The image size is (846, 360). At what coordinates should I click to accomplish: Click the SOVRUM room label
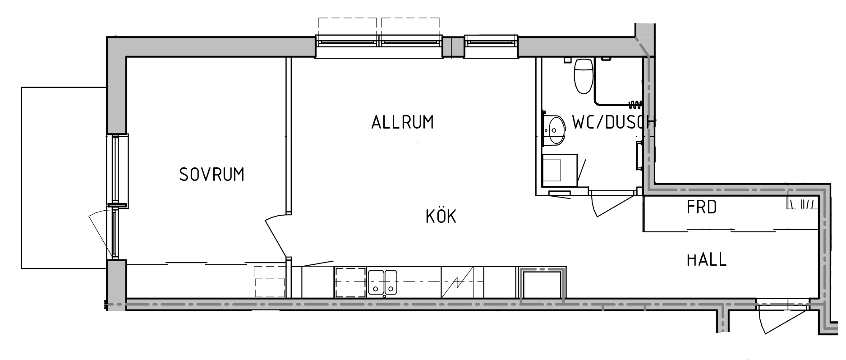pos(211,174)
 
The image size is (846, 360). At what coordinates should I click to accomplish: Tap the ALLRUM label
pos(402,122)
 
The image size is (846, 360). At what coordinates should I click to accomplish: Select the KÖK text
pos(441,216)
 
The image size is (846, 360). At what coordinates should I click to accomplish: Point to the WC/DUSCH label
pos(614,122)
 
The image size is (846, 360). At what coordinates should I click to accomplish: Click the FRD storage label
pos(702,208)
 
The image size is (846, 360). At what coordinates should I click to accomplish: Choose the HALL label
pos(706,259)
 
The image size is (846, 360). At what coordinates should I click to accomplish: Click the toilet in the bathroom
pos(583,75)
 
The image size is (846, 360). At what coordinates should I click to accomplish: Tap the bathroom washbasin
pos(554,130)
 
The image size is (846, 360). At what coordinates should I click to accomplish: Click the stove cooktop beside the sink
pos(349,282)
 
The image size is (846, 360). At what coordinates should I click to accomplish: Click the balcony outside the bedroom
pos(64,178)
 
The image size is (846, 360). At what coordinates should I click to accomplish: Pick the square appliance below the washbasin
pos(560,170)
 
